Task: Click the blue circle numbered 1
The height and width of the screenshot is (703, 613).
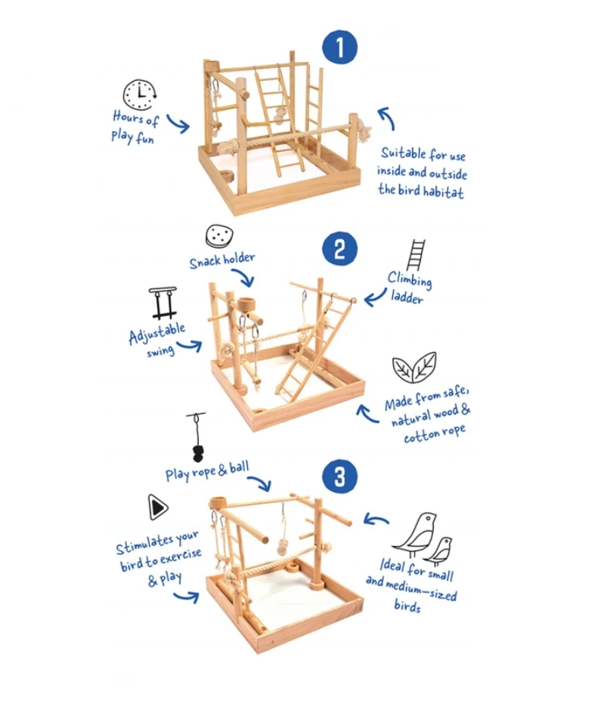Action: (x=339, y=47)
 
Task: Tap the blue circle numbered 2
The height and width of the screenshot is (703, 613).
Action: (x=339, y=249)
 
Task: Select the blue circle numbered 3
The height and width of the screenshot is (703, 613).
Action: (x=339, y=476)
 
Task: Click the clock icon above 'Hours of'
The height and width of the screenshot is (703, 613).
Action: (x=140, y=94)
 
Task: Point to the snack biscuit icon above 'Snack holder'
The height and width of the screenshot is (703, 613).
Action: (x=219, y=236)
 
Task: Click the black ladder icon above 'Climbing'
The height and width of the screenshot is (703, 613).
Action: (x=416, y=255)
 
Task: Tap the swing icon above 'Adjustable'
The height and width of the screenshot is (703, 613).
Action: (x=163, y=303)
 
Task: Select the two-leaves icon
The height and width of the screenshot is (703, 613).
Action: (x=414, y=368)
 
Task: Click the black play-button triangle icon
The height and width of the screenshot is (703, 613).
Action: (x=157, y=507)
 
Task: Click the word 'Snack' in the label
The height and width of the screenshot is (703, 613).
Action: (x=205, y=262)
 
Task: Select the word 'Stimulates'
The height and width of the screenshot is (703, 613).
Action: (x=144, y=545)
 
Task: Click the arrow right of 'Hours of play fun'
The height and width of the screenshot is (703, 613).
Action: (x=178, y=124)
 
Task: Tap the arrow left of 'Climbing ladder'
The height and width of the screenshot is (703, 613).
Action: (x=375, y=298)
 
